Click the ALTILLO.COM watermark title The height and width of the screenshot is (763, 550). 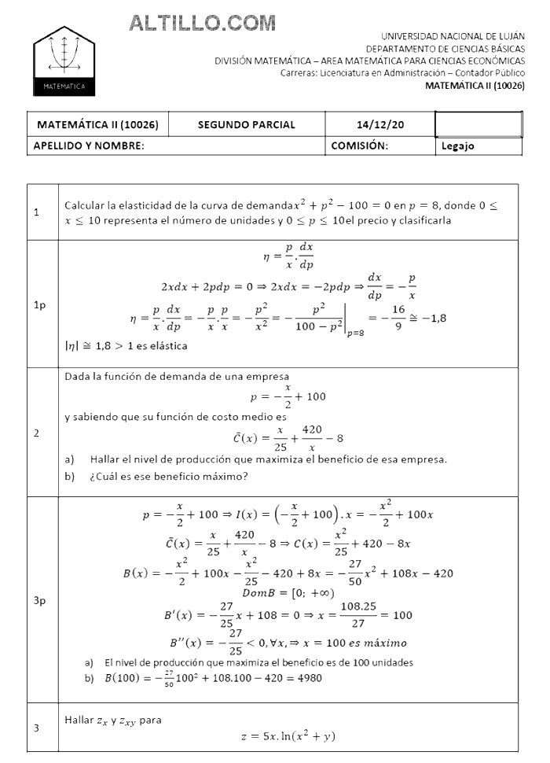[x=202, y=24]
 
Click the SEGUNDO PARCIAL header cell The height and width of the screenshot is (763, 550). [x=246, y=124]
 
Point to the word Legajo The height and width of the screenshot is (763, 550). [x=457, y=146]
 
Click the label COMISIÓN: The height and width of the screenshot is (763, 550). [x=359, y=146]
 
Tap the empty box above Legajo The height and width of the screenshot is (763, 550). [x=478, y=124]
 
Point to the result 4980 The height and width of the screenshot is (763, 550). [x=306, y=678]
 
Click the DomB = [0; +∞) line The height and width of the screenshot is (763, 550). [x=288, y=592]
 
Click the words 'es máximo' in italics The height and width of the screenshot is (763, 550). [x=376, y=642]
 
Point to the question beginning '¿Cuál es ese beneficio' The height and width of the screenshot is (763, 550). [x=168, y=475]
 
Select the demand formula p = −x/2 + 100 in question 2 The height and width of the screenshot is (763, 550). [x=288, y=396]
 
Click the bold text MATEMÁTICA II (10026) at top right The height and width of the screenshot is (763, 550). [x=475, y=86]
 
